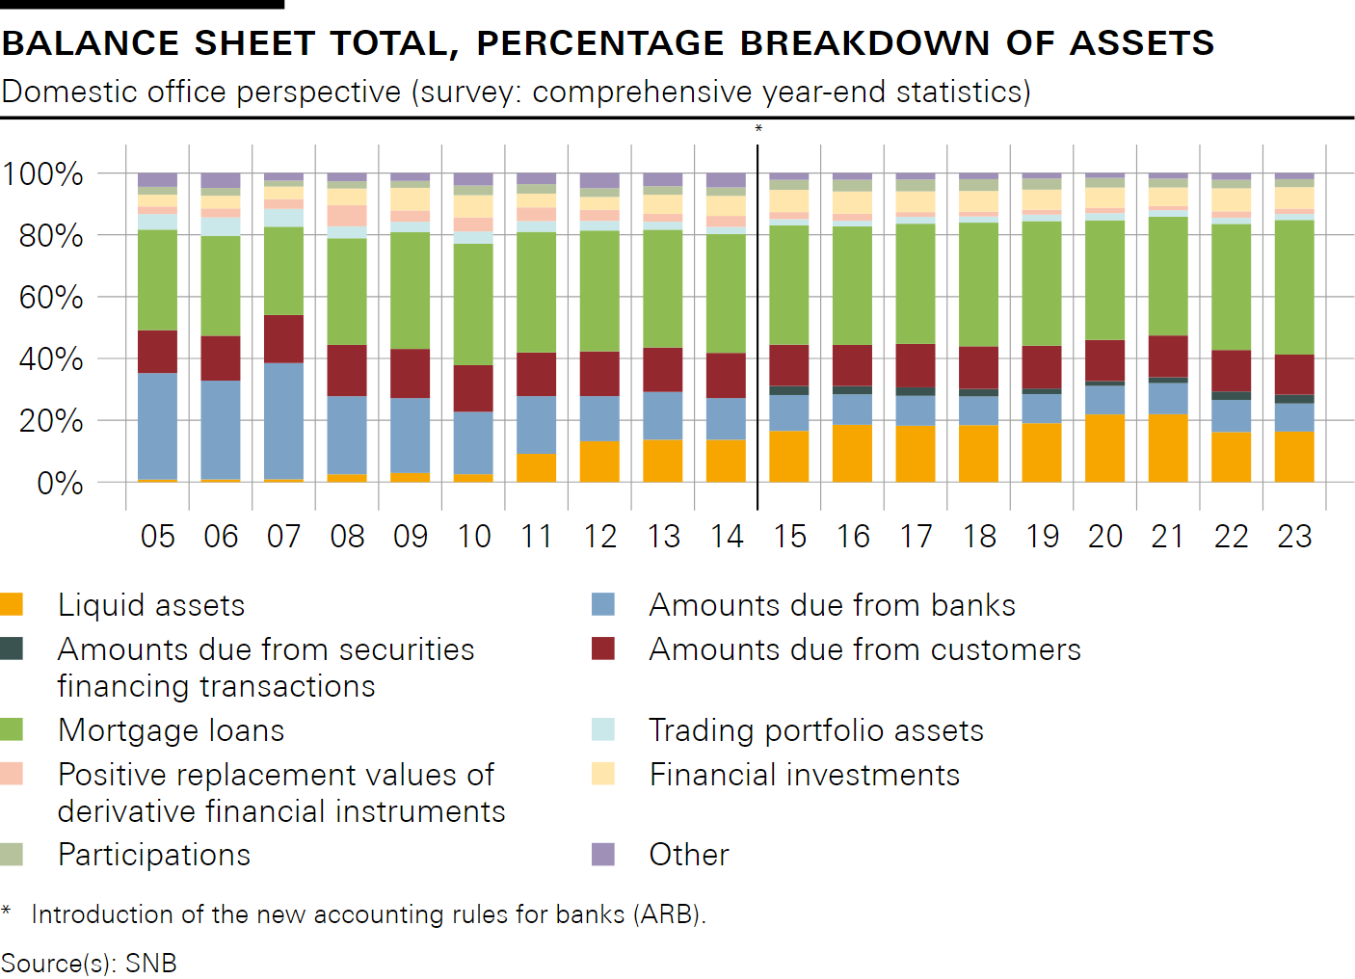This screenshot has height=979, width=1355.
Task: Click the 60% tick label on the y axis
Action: pos(51,298)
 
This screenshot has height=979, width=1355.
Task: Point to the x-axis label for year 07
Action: pos(284,536)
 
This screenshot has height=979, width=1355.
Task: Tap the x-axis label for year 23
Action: pos(1294,536)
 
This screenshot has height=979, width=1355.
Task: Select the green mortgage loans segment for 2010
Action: pos(473,304)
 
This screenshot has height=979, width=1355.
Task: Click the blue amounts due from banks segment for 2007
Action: pos(284,420)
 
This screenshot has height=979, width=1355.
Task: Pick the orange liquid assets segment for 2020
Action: pos(1104,448)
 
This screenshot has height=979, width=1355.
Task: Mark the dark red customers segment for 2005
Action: pos(158,352)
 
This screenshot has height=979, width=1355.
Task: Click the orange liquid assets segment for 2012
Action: pos(599,462)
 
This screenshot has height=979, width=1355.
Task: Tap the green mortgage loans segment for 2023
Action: pos(1294,287)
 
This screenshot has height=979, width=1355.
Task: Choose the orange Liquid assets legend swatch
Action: pos(12,604)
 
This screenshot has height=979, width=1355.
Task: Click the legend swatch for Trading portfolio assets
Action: pos(603,729)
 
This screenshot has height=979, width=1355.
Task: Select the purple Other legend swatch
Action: pos(603,854)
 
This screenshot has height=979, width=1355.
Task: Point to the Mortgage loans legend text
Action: pos(171,730)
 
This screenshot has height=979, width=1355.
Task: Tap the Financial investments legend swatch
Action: pos(603,774)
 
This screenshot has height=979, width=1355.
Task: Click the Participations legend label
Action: pos(154,855)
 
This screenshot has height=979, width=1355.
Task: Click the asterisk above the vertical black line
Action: pos(758,129)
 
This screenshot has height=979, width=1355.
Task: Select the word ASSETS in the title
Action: pos(1141,43)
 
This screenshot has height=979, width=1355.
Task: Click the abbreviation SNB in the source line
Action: pos(151,963)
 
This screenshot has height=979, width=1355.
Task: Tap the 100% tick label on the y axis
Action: pos(42,174)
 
